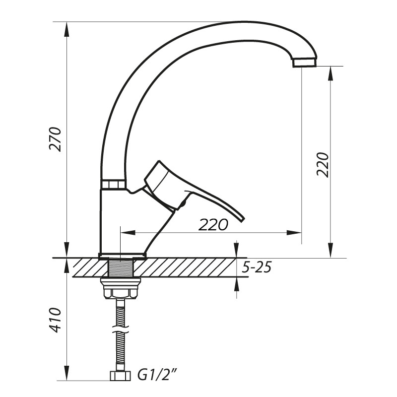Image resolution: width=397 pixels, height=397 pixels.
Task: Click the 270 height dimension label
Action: click(56, 139)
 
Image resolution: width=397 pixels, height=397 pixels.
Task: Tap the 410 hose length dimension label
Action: click(56, 320)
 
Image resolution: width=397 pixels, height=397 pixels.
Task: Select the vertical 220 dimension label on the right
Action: click(323, 165)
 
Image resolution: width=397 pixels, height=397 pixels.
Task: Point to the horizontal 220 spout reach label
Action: click(213, 225)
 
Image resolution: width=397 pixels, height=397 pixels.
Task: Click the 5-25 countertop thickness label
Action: click(257, 267)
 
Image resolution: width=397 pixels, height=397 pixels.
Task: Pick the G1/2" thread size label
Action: click(157, 376)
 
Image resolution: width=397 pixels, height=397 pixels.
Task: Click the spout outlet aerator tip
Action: click(305, 63)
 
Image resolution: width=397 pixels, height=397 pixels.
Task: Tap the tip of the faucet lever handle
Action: click(242, 219)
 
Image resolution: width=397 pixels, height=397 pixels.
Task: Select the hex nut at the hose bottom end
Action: click(121, 376)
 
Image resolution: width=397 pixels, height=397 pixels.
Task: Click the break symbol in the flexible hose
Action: click(120, 329)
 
